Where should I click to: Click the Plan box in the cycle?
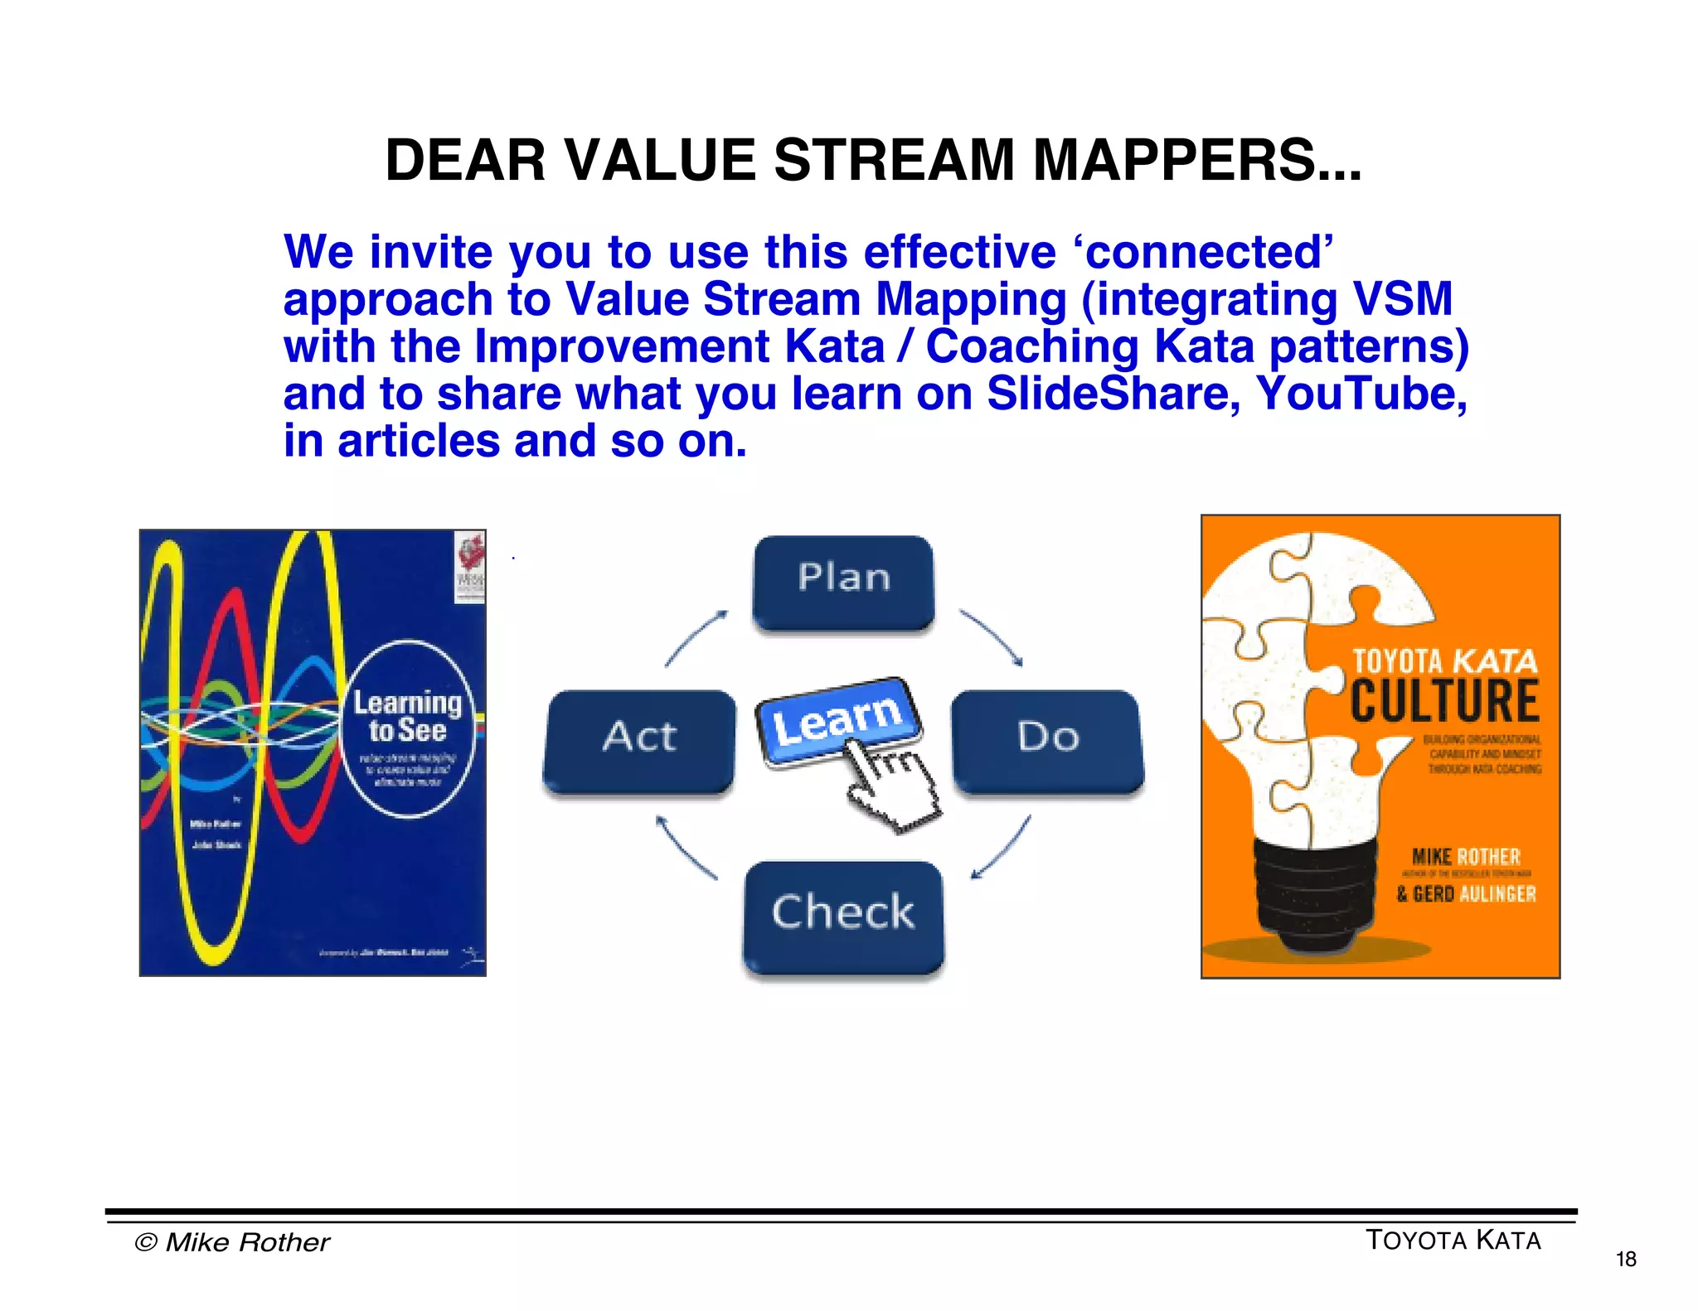843,583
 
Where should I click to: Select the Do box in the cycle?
1048,740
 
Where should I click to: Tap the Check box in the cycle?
843,917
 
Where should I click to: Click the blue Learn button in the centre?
837,718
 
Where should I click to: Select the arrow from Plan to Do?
992,636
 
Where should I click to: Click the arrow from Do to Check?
1002,847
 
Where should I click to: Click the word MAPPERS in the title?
1195,160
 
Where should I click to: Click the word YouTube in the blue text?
1361,394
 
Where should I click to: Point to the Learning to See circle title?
407,716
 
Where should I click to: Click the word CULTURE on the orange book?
1444,701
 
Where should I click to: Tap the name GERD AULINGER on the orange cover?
1466,894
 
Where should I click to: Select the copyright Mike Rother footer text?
232,1242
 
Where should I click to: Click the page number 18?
1626,1260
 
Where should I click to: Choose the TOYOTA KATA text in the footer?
1453,1241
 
